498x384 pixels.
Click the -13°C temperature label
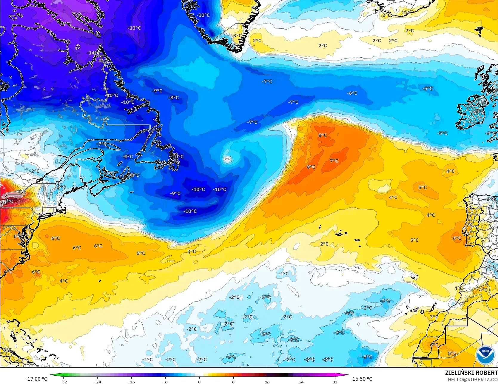coord(135,28)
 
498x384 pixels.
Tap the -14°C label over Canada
coord(93,53)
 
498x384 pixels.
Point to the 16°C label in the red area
coord(7,201)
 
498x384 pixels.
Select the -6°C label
coord(352,93)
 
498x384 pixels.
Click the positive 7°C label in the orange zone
coord(334,161)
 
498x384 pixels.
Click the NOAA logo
coord(485,356)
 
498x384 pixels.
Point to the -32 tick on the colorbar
coord(64,382)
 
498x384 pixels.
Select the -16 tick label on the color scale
coord(132,382)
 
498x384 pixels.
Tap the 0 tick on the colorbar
coord(199,382)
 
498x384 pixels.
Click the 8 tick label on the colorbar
coord(233,382)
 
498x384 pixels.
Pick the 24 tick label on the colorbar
coord(301,382)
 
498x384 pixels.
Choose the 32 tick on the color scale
coord(335,382)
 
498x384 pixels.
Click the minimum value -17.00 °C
coord(36,379)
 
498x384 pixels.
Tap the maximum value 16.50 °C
coord(362,379)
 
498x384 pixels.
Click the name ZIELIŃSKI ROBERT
coord(471,373)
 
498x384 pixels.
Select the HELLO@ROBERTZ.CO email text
coord(473,379)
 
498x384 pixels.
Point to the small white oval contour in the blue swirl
coord(227,159)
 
